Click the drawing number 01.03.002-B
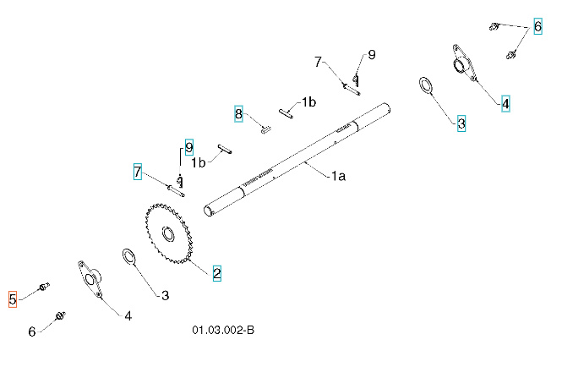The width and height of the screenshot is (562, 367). point(223,330)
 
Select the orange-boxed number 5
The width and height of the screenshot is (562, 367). point(13,299)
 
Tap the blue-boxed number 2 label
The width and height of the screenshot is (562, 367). point(216,273)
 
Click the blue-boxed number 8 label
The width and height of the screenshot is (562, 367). point(239,114)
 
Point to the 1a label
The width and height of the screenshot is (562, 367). point(337,176)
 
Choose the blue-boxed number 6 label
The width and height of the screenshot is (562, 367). point(537,26)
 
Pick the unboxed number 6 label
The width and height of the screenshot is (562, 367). point(32,331)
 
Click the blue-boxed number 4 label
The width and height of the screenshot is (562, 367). point(505,104)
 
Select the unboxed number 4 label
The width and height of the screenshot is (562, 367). point(128,316)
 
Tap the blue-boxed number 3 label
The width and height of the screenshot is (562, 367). point(461,123)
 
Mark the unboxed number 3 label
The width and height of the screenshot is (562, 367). point(165,295)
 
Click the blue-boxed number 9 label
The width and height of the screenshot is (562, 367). point(188,145)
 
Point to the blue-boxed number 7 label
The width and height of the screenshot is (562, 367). point(137,173)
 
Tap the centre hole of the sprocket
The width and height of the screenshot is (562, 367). point(167,233)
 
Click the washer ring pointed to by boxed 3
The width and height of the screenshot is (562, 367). point(426,85)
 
